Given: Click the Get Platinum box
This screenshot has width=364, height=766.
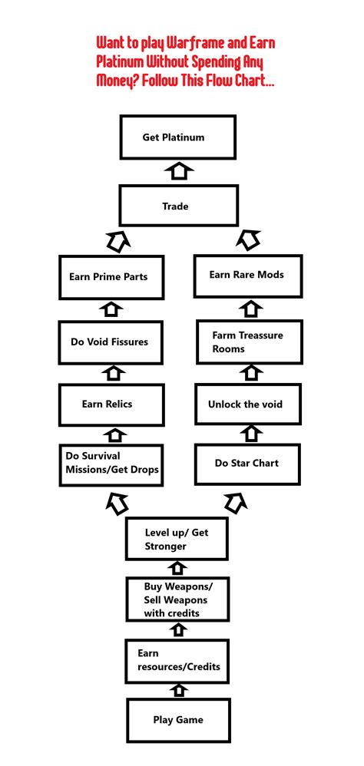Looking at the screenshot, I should coord(178,138).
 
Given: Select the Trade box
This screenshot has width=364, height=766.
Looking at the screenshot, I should coord(178,206).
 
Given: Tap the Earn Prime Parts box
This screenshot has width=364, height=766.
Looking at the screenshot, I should coord(111,276).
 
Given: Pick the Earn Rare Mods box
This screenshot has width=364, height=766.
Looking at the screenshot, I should coord(247,276).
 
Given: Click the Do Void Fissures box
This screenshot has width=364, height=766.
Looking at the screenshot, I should coord(111,342).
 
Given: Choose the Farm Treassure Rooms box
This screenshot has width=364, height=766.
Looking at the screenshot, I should coord(247,342).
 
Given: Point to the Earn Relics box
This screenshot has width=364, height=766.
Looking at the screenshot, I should coord(111,405).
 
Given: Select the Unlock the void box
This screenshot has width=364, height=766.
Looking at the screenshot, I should coord(247,404).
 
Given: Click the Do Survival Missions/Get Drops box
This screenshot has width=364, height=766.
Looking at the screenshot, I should coord(111,464).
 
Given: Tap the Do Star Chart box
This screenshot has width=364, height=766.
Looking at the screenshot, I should coord(247,464).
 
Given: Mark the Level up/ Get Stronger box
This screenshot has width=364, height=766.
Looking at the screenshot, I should coord(177,539).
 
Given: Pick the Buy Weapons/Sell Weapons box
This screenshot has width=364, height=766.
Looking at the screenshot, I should coord(177,599).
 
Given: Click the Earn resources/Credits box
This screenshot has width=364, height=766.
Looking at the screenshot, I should coord(177,659).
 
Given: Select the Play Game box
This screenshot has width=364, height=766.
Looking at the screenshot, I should coord(177,719).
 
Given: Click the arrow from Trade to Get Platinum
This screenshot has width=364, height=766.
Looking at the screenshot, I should coord(178,171).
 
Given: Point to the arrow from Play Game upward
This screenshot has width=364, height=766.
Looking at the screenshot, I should coord(178,689).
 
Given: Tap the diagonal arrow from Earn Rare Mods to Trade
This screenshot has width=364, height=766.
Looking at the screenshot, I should coord(247,241).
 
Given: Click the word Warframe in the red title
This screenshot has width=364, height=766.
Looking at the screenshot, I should coord(207,43).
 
